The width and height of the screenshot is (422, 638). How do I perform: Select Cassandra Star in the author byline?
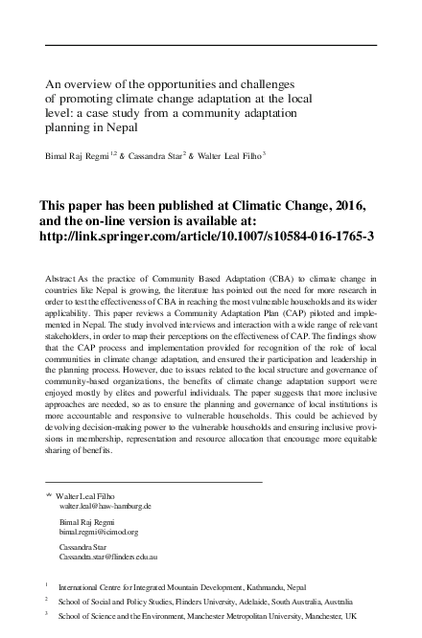click(173, 153)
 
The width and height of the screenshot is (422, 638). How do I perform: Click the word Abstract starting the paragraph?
click(62, 278)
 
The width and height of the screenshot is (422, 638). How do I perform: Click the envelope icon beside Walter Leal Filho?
click(49, 494)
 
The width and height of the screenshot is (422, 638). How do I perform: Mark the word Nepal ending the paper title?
click(121, 125)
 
